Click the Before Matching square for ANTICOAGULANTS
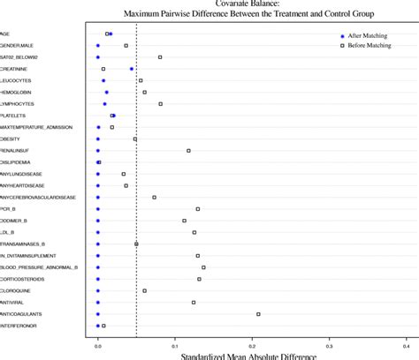(258, 314)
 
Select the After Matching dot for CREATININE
(132, 69)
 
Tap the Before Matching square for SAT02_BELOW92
(160, 57)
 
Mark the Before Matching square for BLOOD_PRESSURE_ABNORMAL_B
(203, 267)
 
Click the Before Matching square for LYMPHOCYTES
(161, 104)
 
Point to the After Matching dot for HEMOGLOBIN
(107, 92)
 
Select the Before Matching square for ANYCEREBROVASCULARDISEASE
(154, 198)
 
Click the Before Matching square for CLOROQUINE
(145, 290)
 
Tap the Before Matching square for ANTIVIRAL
(194, 303)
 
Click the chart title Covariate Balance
(248, 4)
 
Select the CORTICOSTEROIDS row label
(22, 279)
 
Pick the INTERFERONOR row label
(19, 326)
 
